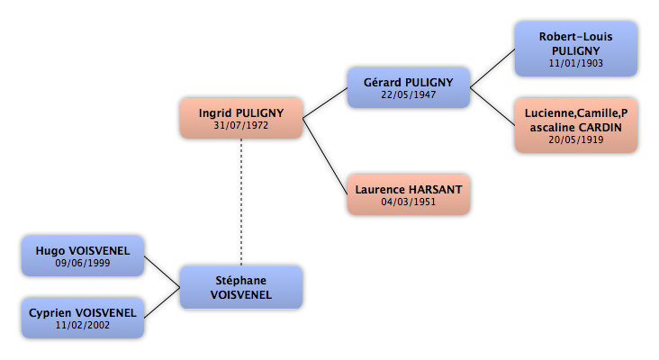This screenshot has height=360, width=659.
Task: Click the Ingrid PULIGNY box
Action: tap(241, 118)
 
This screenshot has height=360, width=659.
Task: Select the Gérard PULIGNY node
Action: tap(409, 87)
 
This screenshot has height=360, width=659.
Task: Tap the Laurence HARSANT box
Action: tap(409, 194)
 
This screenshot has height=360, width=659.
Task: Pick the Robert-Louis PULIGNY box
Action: tap(576, 49)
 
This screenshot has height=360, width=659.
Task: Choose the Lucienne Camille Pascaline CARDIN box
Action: tap(576, 125)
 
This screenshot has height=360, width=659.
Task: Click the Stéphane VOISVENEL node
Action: tap(241, 287)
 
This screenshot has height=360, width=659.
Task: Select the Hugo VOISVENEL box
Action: tap(83, 256)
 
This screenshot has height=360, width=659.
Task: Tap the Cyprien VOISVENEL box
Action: tap(83, 318)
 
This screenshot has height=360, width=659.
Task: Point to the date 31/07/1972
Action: tap(240, 125)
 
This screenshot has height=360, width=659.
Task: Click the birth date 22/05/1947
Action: tap(409, 94)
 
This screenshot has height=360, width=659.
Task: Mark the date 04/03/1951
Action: tap(409, 202)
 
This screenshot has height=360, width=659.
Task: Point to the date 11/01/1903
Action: tap(576, 63)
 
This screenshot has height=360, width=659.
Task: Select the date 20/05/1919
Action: tap(576, 139)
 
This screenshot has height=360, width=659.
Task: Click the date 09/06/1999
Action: tap(83, 263)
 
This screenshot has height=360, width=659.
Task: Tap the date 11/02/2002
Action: tap(83, 325)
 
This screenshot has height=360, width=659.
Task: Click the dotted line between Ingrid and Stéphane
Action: tap(241, 202)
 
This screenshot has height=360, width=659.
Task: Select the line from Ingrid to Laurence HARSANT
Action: tap(325, 157)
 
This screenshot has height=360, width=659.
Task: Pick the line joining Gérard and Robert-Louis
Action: tap(492, 68)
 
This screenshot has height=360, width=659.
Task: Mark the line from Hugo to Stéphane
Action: tap(162, 272)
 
